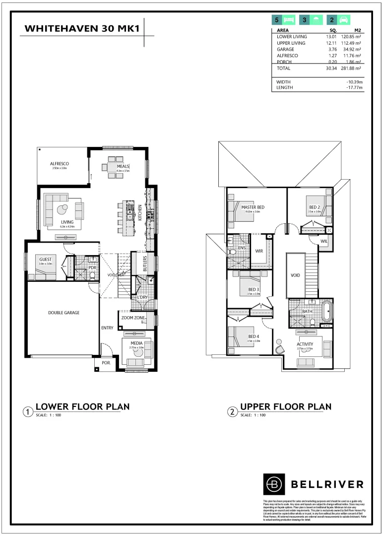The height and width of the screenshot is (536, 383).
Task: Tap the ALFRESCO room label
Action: [59, 163]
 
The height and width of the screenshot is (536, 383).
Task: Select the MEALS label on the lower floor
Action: [123, 166]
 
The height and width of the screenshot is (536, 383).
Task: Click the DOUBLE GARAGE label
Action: [64, 313]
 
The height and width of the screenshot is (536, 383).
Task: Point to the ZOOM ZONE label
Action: [133, 317]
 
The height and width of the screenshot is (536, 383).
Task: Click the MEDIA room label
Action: [136, 343]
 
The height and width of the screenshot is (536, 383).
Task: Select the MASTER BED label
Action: [253, 206]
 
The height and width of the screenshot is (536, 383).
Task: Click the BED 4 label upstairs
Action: [254, 336]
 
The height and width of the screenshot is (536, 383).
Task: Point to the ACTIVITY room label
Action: [305, 344]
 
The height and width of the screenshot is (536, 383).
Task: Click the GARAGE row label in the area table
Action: [285, 50]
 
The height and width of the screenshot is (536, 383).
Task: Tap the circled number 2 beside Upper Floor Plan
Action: [232, 411]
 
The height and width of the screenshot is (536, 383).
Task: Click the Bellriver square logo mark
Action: [273, 483]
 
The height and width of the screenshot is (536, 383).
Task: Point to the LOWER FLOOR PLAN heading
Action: [82, 406]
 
